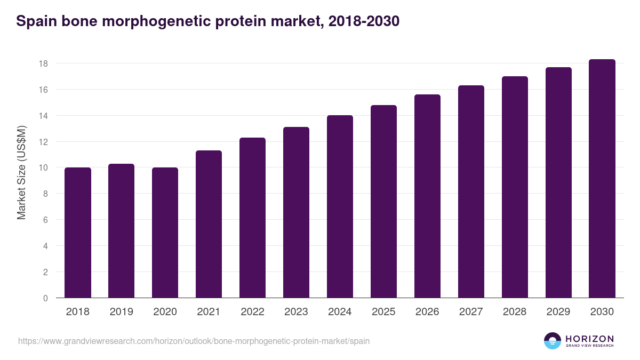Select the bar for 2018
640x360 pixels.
(x=78, y=233)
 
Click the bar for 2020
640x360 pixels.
(x=165, y=233)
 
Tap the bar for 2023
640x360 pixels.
(x=296, y=213)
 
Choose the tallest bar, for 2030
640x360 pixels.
(x=602, y=179)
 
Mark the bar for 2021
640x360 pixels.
(x=209, y=225)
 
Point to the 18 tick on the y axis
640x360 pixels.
(x=43, y=63)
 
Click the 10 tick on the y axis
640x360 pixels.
(x=43, y=168)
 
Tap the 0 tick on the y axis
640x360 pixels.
(x=45, y=298)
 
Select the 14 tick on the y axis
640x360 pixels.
(x=43, y=116)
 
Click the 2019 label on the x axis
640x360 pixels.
(x=122, y=312)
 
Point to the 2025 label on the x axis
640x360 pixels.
(x=383, y=312)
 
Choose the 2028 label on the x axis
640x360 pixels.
(x=515, y=312)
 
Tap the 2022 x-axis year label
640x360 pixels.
(x=252, y=312)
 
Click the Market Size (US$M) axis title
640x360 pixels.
(x=21, y=172)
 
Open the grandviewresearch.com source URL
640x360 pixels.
(x=194, y=341)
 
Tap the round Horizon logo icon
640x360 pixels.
(x=553, y=341)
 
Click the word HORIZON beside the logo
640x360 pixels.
(x=589, y=338)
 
